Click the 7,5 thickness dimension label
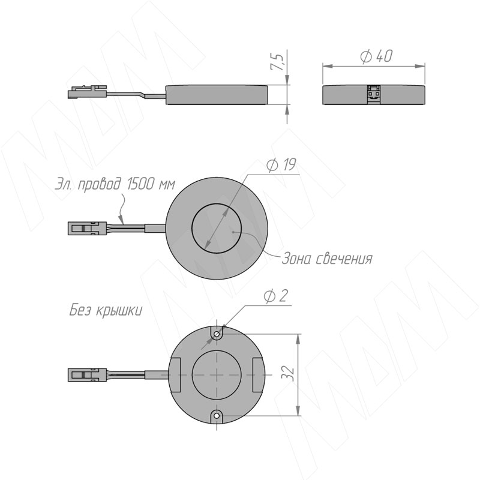[x=277, y=62]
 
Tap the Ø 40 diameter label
[x=376, y=56]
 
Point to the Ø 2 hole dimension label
[x=275, y=296]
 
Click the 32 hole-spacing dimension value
[x=288, y=373]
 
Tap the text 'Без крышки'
[x=106, y=311]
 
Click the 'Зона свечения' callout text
[x=326, y=259]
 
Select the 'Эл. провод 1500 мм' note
[x=115, y=184]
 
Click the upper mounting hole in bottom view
[x=217, y=334]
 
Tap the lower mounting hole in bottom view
[x=217, y=415]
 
